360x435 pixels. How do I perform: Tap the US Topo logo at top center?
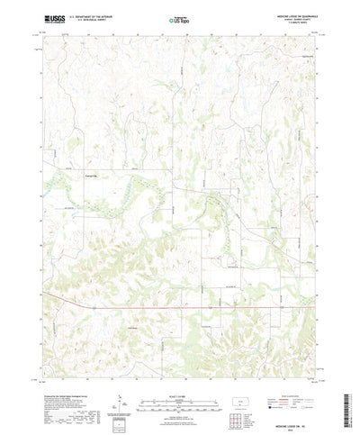coord(179,18)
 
